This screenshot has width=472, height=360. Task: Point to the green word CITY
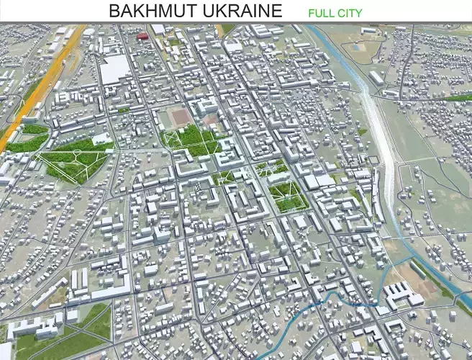350,12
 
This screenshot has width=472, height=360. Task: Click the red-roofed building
142,35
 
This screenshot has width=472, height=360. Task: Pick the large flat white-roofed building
115,69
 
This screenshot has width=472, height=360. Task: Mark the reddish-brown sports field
182,115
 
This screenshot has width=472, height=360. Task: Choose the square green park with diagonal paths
289,194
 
